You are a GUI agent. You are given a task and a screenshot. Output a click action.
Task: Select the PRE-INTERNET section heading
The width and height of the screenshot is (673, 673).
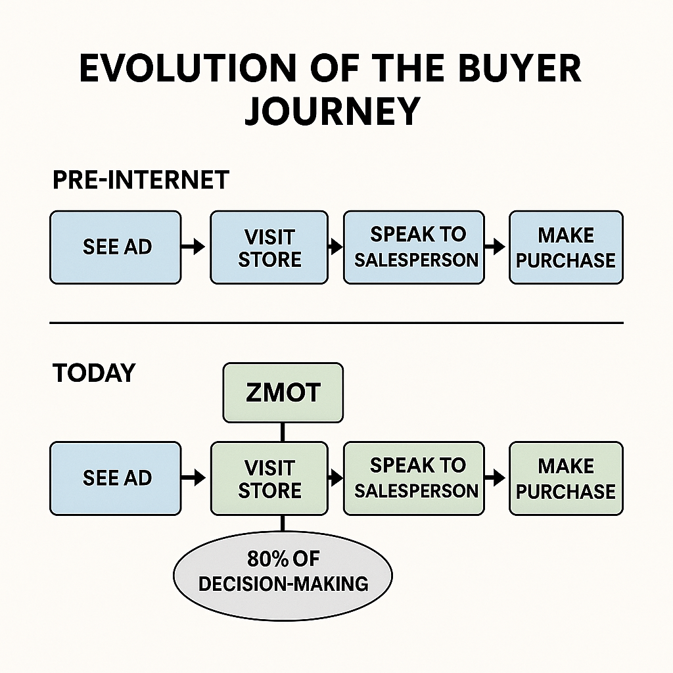tap(140, 179)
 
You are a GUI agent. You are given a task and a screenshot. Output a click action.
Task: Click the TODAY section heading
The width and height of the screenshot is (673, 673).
tap(93, 373)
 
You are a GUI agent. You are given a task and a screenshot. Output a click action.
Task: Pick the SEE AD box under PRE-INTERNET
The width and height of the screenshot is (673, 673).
tap(116, 247)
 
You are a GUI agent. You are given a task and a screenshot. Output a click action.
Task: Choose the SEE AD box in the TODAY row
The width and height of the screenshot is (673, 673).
tap(116, 478)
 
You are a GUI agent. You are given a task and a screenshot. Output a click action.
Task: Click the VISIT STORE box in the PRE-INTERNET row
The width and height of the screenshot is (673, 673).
tap(269, 247)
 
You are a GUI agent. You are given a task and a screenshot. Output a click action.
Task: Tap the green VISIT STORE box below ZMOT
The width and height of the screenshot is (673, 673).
tap(269, 478)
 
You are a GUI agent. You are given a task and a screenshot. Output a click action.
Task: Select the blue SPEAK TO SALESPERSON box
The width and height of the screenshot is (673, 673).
tap(414, 247)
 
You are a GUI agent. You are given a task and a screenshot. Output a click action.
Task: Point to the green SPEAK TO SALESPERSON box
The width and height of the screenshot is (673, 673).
tap(414, 478)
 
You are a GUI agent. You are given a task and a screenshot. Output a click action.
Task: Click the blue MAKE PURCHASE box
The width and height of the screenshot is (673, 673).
tap(566, 247)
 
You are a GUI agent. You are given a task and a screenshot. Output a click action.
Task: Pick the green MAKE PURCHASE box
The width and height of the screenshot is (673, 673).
tap(566, 478)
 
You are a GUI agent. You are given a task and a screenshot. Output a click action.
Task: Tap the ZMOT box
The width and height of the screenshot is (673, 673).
tap(283, 392)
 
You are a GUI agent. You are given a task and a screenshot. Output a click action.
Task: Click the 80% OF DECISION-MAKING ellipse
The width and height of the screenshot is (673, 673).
tap(283, 572)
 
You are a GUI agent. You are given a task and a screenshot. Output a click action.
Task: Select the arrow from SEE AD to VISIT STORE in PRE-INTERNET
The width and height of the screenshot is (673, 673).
tap(194, 247)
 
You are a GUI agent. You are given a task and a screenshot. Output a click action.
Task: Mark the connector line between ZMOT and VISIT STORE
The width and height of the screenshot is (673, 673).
tap(283, 432)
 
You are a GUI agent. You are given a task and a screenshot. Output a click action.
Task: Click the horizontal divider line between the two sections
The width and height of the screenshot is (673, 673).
tap(336, 323)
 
